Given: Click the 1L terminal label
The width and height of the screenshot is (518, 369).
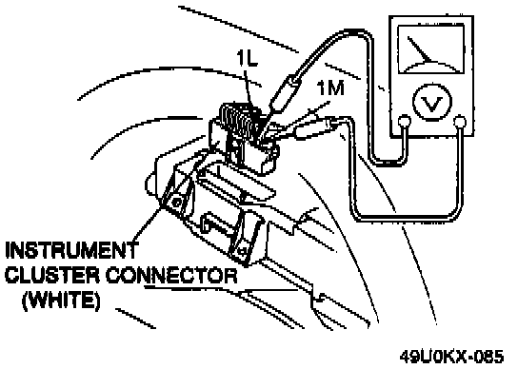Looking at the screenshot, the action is pyautogui.click(x=248, y=59).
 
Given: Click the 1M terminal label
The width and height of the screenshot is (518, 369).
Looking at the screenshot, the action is pyautogui.click(x=330, y=88).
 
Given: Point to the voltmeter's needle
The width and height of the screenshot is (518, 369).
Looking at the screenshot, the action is pyautogui.click(x=420, y=49).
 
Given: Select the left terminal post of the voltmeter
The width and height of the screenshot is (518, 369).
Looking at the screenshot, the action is pyautogui.click(x=404, y=122).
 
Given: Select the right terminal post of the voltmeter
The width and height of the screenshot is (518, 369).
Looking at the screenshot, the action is pyautogui.click(x=460, y=122).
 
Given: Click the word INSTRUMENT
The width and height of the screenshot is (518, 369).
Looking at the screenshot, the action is pyautogui.click(x=71, y=250).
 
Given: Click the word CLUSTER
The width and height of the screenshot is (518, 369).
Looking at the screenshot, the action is pyautogui.click(x=51, y=275).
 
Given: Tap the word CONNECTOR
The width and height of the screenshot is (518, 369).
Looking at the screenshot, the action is pyautogui.click(x=171, y=275).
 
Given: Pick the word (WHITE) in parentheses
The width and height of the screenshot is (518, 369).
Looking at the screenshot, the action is pyautogui.click(x=61, y=300).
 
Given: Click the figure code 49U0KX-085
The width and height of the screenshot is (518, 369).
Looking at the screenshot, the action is pyautogui.click(x=452, y=357).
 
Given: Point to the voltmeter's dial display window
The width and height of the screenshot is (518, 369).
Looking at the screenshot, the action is pyautogui.click(x=431, y=49).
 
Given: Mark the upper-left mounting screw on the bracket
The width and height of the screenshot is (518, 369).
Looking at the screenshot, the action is pyautogui.click(x=177, y=202).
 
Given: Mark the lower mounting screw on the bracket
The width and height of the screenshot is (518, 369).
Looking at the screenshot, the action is pyautogui.click(x=244, y=251).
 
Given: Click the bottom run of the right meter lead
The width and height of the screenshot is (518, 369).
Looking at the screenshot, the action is pyautogui.click(x=407, y=218).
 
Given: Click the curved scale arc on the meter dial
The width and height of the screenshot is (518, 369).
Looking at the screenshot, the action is pyautogui.click(x=430, y=64).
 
